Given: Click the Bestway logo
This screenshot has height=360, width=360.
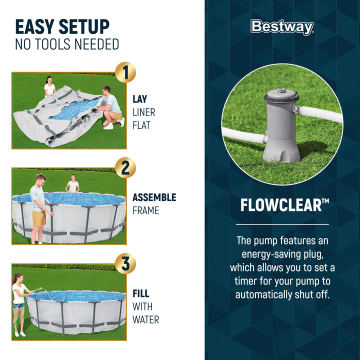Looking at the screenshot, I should coord(282,27).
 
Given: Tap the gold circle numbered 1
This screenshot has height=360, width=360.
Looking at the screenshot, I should coord(125,73).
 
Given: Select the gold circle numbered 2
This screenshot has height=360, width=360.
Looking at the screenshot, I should coord(125,168).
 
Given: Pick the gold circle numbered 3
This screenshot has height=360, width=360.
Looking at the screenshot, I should coord(125,264).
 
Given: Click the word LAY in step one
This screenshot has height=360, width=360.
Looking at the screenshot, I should coord(140,99).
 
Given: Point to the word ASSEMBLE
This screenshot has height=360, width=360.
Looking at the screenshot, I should coord(154,197).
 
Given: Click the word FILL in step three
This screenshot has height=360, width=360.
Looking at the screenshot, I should coord(141,294).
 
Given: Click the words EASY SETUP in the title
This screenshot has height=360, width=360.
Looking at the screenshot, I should coord(62,26).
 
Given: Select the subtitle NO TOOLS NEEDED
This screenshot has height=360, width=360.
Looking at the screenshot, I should coord(67,44).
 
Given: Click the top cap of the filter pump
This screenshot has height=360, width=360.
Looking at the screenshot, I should coord(281,93).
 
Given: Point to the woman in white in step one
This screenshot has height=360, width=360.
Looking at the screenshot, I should coord(49,87).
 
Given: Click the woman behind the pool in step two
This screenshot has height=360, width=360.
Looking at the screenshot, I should coord(73,183).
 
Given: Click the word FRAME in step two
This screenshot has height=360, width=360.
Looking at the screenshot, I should coord(145,210).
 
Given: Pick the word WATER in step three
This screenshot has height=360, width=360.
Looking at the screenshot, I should coord(145,319).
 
